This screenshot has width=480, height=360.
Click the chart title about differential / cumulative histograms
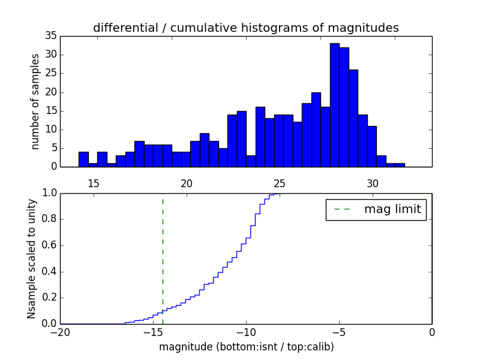click(x=245, y=28)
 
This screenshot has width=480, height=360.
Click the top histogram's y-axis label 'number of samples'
click(x=35, y=101)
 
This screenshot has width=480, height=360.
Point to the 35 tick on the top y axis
click(x=50, y=36)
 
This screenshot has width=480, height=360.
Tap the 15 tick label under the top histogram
click(x=94, y=183)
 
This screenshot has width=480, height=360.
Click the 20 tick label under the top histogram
click(x=187, y=183)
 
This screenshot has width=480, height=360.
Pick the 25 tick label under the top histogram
click(x=279, y=183)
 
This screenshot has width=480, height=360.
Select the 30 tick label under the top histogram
click(x=372, y=183)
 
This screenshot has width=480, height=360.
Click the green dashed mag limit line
click(x=163, y=258)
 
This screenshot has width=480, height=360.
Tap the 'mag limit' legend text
click(x=392, y=209)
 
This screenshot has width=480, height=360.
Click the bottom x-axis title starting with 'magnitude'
click(x=247, y=347)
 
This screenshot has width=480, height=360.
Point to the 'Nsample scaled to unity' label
click(x=32, y=259)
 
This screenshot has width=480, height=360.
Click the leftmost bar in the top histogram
click(x=83, y=160)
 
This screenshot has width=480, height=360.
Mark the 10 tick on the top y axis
click(x=50, y=130)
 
